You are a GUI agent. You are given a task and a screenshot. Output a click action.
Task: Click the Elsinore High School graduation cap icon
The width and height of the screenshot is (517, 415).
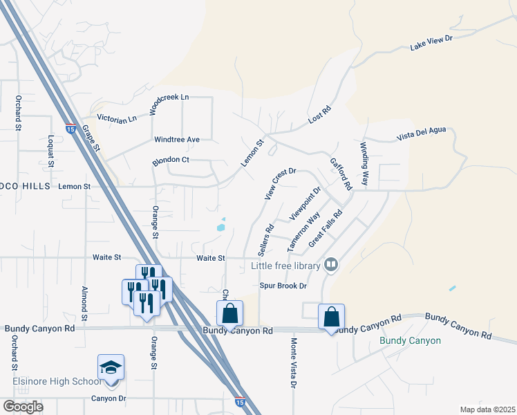111,367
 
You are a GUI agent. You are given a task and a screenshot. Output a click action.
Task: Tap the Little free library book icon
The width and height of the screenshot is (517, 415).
332,265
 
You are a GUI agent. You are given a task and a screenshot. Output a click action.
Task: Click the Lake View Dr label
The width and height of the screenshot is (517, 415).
431,43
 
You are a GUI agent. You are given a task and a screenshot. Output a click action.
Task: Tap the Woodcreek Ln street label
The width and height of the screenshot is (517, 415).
169,104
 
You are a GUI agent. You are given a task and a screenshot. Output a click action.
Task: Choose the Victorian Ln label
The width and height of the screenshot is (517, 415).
117,119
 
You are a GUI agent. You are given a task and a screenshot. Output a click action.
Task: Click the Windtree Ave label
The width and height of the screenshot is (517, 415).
176,140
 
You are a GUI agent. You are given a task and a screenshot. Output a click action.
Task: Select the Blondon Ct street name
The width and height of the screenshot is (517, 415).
171,160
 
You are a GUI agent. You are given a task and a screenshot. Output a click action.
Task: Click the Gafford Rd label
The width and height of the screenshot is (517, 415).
341,173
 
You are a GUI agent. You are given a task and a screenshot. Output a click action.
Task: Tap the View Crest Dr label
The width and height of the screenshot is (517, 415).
280,183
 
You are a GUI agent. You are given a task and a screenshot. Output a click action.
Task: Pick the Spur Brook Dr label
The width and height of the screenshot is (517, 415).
283,285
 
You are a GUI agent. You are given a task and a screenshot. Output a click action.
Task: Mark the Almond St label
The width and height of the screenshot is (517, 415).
84,302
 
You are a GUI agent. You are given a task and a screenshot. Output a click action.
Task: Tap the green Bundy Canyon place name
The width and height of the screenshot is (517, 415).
411,340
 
